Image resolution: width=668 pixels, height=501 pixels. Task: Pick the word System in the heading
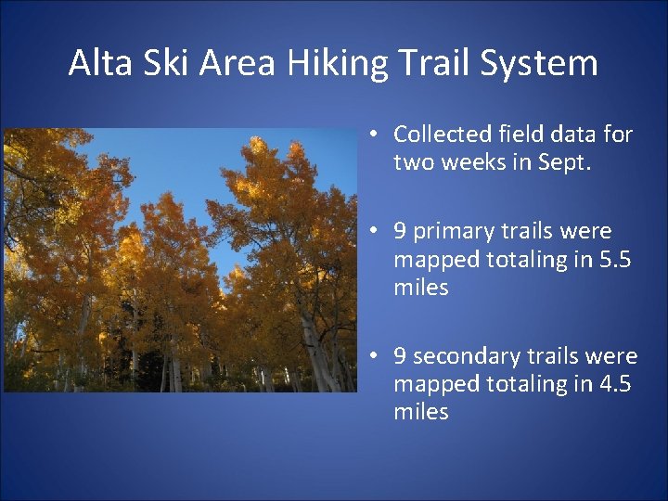(547, 63)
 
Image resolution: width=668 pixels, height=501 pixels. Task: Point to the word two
(412, 163)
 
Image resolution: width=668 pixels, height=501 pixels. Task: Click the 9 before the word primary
(400, 230)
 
